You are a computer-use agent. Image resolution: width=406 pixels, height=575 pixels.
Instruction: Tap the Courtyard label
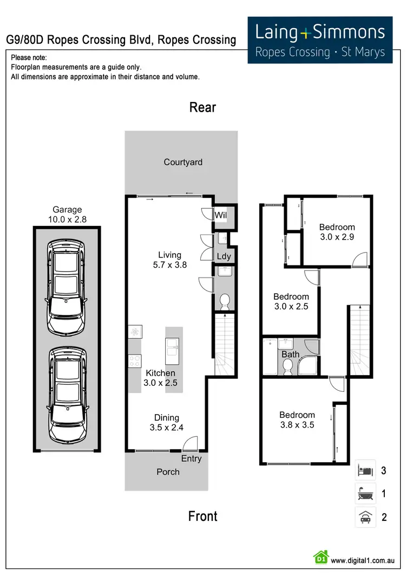[x=183, y=162]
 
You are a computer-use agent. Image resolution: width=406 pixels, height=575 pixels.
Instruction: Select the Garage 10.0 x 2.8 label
[x=67, y=215]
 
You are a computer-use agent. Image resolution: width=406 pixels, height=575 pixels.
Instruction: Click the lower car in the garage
[x=67, y=394]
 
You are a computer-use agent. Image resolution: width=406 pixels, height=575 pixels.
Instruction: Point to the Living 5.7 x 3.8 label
[x=169, y=260]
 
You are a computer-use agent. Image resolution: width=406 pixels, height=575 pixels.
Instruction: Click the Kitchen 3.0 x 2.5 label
[x=161, y=378]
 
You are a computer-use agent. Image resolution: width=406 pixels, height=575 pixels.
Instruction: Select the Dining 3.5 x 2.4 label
[x=167, y=422]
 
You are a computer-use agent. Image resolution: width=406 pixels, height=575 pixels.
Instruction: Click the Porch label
[x=168, y=471]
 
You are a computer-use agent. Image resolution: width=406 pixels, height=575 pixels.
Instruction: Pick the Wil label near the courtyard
[x=220, y=215]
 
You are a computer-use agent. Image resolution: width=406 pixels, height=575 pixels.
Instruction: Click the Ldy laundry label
[x=224, y=256]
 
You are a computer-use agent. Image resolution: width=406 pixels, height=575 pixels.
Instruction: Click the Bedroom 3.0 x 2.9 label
[x=337, y=232]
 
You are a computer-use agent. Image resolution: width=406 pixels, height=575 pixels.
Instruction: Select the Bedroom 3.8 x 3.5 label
[x=297, y=420]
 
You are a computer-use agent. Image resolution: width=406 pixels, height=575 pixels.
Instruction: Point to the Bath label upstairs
[x=290, y=355]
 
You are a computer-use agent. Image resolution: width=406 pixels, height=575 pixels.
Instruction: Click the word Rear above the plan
[x=202, y=107]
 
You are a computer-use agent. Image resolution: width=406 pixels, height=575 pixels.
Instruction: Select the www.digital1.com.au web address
[x=362, y=560]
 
